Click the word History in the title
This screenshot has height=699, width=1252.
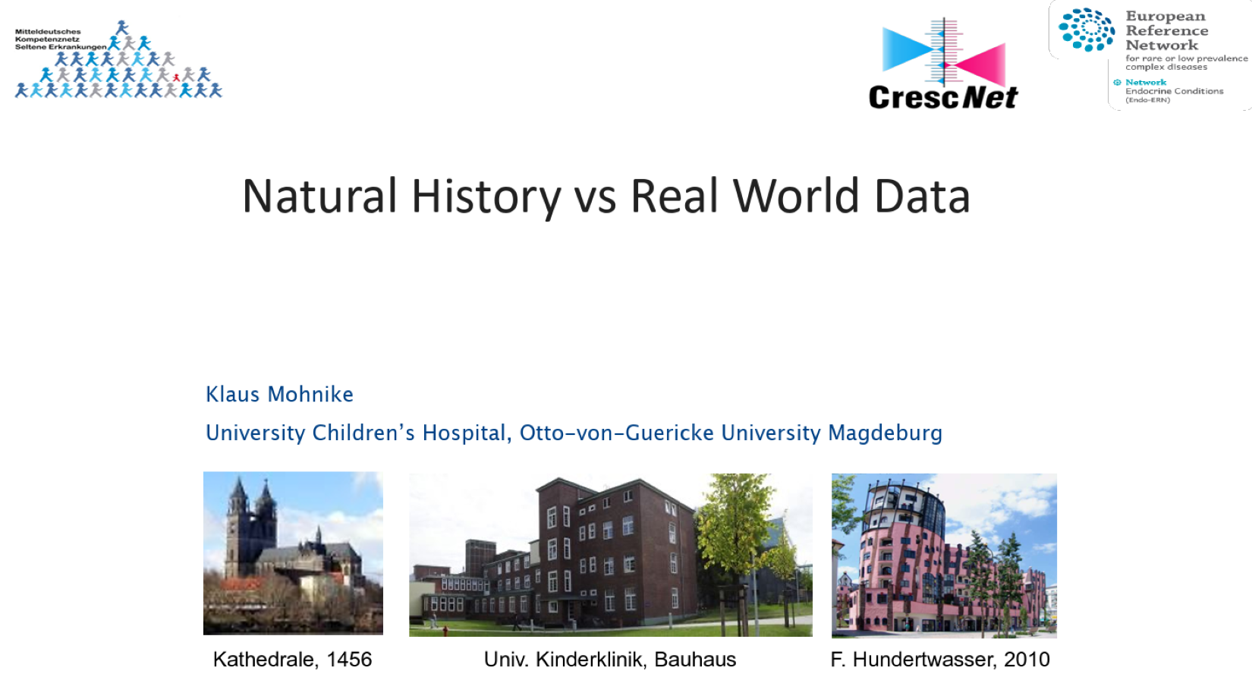tap(486, 197)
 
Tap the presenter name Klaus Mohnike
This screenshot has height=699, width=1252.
tap(279, 394)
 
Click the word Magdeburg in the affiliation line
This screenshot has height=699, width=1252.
tap(885, 433)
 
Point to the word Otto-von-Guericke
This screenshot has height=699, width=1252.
tap(616, 433)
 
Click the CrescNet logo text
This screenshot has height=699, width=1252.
tap(943, 96)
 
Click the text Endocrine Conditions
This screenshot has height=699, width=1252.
tap(1175, 91)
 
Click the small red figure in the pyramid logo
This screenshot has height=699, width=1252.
tap(177, 77)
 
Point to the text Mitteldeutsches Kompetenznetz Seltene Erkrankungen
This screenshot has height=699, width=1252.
tap(61, 39)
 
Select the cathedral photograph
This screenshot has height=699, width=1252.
tap(293, 553)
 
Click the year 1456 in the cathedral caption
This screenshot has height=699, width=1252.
tap(349, 660)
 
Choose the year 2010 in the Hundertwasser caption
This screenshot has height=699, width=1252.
tap(1027, 660)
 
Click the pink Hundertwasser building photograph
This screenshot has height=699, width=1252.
tap(944, 556)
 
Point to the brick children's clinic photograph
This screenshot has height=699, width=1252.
tap(610, 555)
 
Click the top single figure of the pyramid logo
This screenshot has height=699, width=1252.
tap(122, 27)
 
